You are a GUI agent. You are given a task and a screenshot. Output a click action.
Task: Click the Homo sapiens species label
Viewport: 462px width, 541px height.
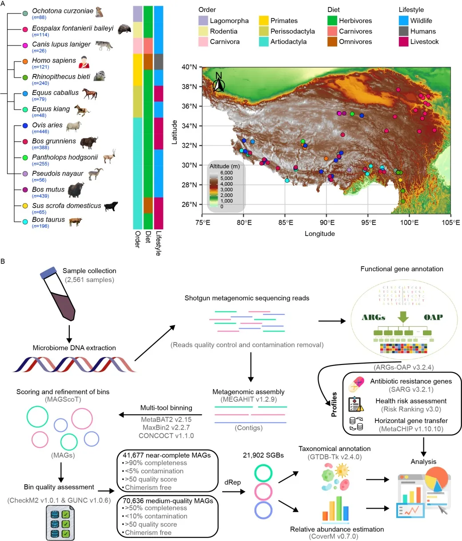point(54,61)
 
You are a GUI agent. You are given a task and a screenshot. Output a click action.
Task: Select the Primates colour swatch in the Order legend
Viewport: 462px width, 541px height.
point(264,21)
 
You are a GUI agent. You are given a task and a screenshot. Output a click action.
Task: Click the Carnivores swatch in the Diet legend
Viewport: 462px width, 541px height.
point(332,31)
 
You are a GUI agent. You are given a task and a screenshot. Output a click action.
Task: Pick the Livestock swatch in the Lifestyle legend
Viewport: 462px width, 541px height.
point(403,42)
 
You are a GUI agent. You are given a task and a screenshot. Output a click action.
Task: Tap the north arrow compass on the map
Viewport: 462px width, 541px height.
point(218,82)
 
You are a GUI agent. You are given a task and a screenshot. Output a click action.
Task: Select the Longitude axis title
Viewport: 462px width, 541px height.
point(319,234)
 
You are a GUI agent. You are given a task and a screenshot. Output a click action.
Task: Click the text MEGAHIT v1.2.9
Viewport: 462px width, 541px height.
point(248,400)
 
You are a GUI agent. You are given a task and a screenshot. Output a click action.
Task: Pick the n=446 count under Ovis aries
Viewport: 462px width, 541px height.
point(40,132)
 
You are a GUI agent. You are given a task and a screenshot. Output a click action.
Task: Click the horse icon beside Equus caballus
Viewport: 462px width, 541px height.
point(89,94)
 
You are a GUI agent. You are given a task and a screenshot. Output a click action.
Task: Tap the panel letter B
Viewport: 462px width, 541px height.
point(3,262)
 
